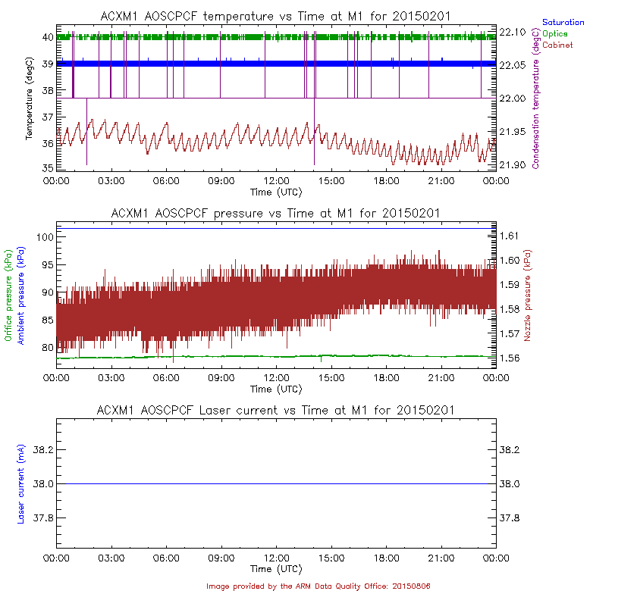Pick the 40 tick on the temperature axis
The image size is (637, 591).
[47, 37]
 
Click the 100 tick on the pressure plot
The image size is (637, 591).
[44, 237]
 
